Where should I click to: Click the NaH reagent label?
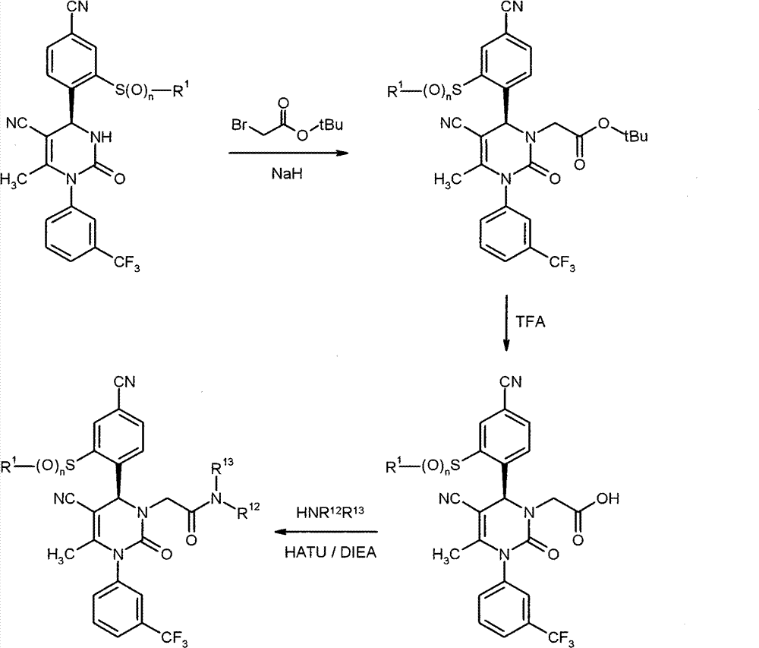point(287,173)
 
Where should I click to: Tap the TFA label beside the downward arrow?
point(530,321)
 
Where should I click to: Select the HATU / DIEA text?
point(330,552)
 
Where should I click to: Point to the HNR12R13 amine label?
point(330,512)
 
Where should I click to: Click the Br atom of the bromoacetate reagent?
point(240,125)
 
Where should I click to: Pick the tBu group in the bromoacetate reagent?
point(331,125)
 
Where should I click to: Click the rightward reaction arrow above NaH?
point(288,153)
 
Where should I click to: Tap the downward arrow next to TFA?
point(506,323)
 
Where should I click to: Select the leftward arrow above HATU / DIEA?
point(326,532)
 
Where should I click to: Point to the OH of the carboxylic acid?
point(607,498)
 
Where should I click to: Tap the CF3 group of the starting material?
point(127,264)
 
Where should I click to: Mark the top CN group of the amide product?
point(124,382)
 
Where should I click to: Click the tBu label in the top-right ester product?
point(635,137)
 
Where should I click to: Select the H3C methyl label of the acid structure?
point(446,555)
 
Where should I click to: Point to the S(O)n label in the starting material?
point(131,91)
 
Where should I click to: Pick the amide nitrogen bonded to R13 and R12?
point(216,498)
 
